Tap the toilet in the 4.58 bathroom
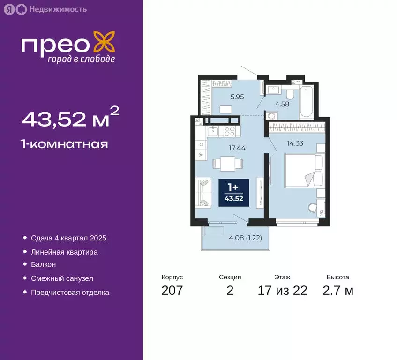[x=290, y=94]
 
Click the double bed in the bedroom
[x=304, y=171]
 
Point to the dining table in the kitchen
[x=228, y=164]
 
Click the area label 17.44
[x=237, y=148]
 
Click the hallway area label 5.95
[x=237, y=97]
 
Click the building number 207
[x=172, y=291]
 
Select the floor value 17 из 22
[x=283, y=291]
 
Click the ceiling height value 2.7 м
[x=338, y=291]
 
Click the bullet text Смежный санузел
[x=62, y=278]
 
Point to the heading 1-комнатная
[x=65, y=144]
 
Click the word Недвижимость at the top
[x=58, y=9]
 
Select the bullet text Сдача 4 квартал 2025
[x=68, y=238]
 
